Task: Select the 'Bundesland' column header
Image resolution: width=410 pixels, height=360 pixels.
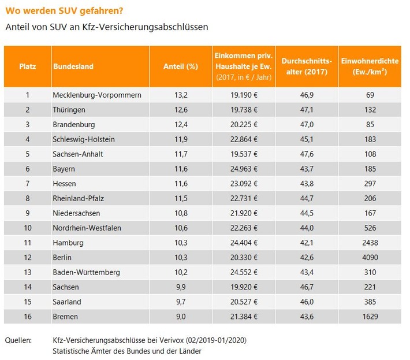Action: (73, 66)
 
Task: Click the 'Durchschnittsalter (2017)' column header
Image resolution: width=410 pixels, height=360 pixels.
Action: (307, 66)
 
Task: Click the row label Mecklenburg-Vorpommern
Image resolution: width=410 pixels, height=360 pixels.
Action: (96, 95)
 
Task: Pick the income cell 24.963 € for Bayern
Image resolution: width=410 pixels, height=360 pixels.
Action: (244, 169)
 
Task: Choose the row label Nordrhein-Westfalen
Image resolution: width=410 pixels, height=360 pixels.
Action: (87, 228)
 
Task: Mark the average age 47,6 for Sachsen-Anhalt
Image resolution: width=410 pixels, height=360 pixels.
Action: (307, 154)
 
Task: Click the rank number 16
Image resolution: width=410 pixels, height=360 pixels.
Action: (27, 317)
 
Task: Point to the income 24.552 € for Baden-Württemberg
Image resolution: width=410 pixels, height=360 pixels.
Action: (244, 272)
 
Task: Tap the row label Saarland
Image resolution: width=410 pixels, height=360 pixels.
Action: (66, 302)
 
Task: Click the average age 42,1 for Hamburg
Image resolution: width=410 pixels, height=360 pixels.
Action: (307, 243)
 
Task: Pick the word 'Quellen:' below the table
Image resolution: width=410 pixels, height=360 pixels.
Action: (19, 340)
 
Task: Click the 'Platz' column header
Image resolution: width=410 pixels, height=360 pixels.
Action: (27, 66)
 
